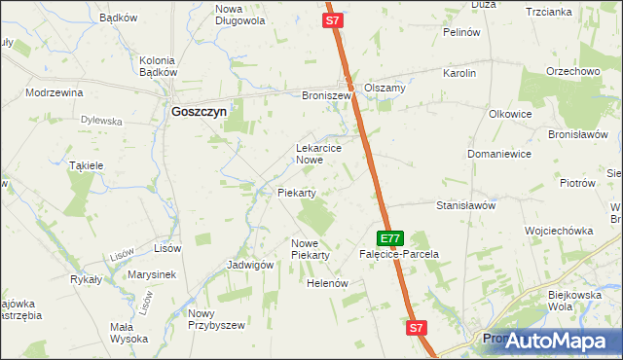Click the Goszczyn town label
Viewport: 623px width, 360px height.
point(199,112)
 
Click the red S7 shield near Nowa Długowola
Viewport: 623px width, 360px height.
point(333,19)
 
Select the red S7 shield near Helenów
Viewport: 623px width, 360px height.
point(417,329)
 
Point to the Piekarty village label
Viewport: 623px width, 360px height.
point(297,193)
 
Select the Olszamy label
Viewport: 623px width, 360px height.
point(385,87)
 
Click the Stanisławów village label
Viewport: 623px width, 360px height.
point(466,206)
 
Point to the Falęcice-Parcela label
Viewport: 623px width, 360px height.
point(399,254)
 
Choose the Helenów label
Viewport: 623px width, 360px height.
point(327,283)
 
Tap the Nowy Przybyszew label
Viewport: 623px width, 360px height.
point(214,319)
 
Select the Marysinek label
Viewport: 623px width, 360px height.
point(151,274)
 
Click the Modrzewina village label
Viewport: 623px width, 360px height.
point(55,92)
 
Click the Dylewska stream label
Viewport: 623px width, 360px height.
point(101,121)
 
